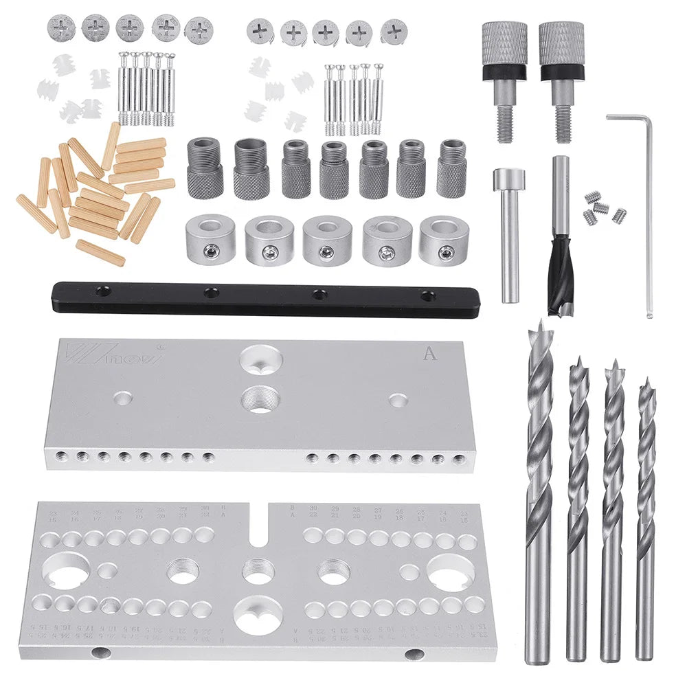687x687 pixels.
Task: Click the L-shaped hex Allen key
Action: click(646, 206)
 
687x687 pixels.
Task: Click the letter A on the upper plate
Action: click(429, 354)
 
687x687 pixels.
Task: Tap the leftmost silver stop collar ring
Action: click(210, 240)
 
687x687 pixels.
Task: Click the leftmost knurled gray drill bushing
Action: click(205, 168)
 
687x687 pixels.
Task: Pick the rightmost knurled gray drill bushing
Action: click(451, 168)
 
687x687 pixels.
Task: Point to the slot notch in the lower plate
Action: click(259, 526)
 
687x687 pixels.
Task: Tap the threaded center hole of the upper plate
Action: click(260, 399)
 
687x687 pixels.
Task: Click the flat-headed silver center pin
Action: click(510, 234)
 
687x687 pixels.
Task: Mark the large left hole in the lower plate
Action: click(66, 571)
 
